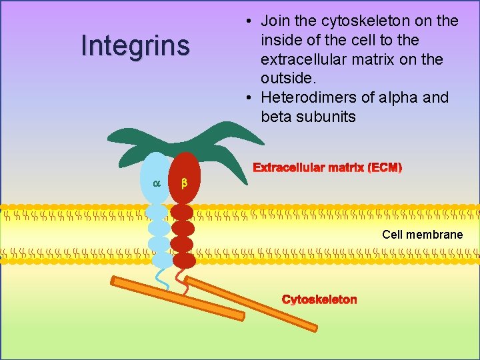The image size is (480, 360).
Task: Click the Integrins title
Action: (135, 45)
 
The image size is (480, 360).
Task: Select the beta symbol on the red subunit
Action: (185, 183)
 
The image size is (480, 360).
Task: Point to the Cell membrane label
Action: (422, 235)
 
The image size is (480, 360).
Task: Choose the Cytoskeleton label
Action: (319, 299)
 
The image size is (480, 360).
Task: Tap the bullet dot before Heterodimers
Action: (248, 98)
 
